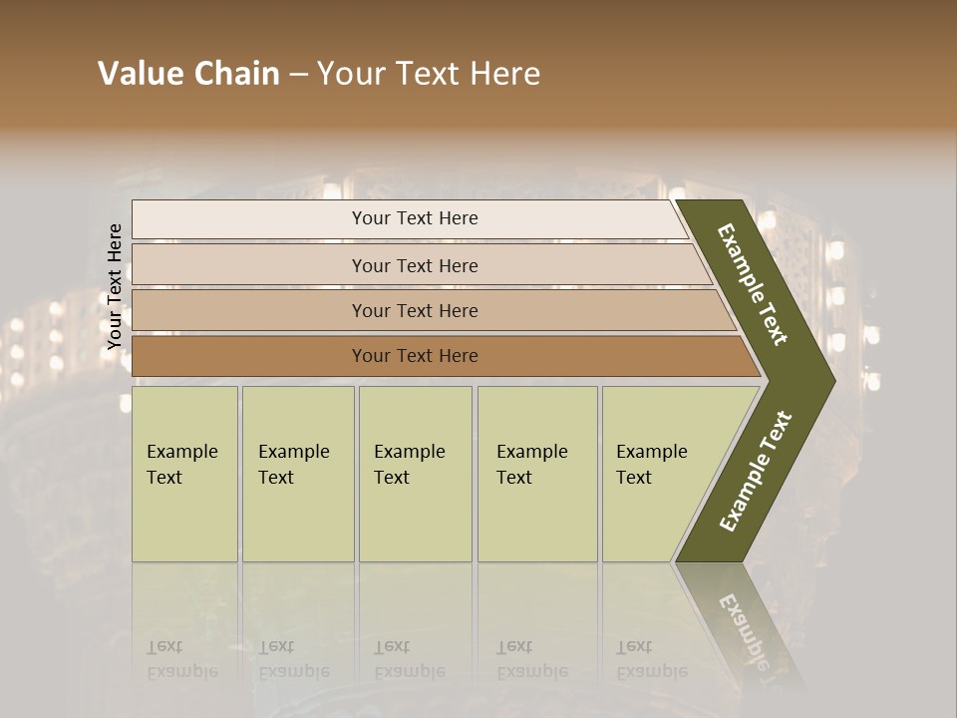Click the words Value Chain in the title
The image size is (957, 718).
pos(188,74)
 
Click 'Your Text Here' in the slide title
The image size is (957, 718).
pos(429,74)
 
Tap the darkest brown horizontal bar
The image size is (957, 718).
pos(249,356)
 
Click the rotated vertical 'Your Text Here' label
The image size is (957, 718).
pos(115,286)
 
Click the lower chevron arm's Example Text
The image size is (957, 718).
pos(755,472)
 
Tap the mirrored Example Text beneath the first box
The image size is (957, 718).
pos(182,659)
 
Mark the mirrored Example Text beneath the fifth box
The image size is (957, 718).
pos(652,659)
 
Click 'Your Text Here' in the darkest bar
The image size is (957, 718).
pos(415,356)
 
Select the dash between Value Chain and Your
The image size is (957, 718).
pos(298,75)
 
